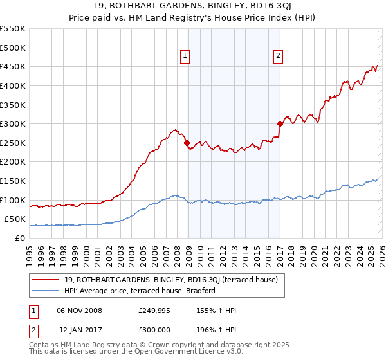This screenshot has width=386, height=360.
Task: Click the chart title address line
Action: [193, 6]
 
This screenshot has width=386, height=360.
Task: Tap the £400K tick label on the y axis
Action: [13, 85]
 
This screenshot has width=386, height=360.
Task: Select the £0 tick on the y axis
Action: [19, 238]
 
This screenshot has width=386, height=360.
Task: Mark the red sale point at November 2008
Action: [187, 143]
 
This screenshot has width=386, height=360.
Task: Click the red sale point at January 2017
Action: [280, 123]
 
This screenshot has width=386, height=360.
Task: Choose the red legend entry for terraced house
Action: [170, 280]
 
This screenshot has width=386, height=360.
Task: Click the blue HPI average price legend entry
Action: [143, 291]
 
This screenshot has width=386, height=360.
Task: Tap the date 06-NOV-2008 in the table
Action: [80, 310]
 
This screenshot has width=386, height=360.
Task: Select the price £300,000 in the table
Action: [155, 328]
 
